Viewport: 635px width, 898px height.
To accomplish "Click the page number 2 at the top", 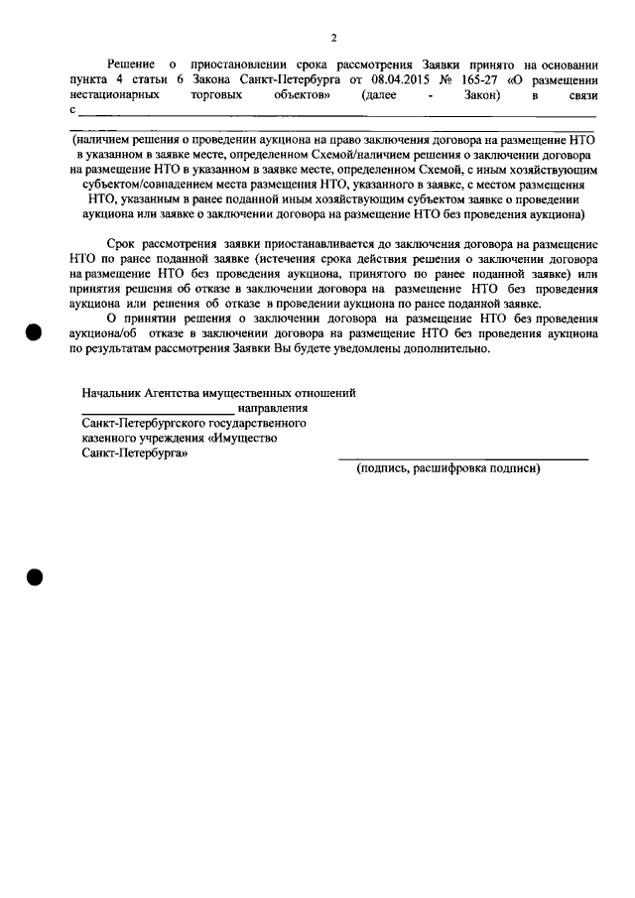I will click(x=334, y=38).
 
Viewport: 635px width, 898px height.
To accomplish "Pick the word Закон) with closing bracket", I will click(x=481, y=96).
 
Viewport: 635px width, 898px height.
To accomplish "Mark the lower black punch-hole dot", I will click(x=35, y=577).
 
